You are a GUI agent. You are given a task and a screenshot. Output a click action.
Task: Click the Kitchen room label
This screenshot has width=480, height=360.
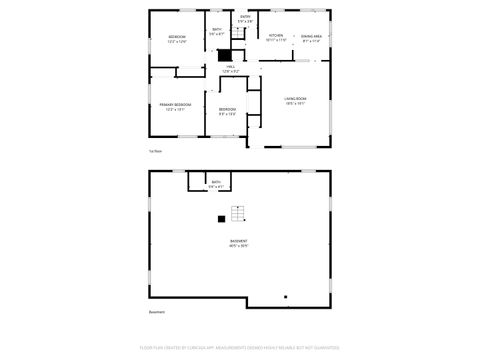[277, 37]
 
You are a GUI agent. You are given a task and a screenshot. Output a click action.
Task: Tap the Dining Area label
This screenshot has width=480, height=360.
[311, 37]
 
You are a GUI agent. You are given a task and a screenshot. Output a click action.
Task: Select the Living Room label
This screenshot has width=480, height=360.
[295, 98]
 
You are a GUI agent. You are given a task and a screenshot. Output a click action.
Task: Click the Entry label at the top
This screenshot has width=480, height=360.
[245, 17]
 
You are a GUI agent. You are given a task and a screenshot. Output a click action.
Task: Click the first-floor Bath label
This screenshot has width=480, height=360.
[217, 30]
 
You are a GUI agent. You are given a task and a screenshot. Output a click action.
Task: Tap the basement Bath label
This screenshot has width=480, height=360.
[216, 182]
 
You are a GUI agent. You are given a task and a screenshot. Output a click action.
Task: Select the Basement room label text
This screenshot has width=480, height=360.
[239, 241]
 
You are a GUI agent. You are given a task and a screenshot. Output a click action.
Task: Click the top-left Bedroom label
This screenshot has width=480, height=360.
[177, 37]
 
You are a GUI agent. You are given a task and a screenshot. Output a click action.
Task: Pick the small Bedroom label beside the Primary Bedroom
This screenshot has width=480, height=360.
[228, 109]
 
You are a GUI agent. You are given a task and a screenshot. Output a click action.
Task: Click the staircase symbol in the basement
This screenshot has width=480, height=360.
[238, 213]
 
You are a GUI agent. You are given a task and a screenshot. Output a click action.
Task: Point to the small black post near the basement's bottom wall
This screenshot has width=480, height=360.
[285, 296]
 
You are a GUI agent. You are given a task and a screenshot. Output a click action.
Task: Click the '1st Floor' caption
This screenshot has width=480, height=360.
[155, 151]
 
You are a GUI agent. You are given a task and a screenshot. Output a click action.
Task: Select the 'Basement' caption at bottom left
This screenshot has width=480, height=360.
[156, 312]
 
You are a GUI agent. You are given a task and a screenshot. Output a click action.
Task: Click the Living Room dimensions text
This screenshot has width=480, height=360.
[295, 103]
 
